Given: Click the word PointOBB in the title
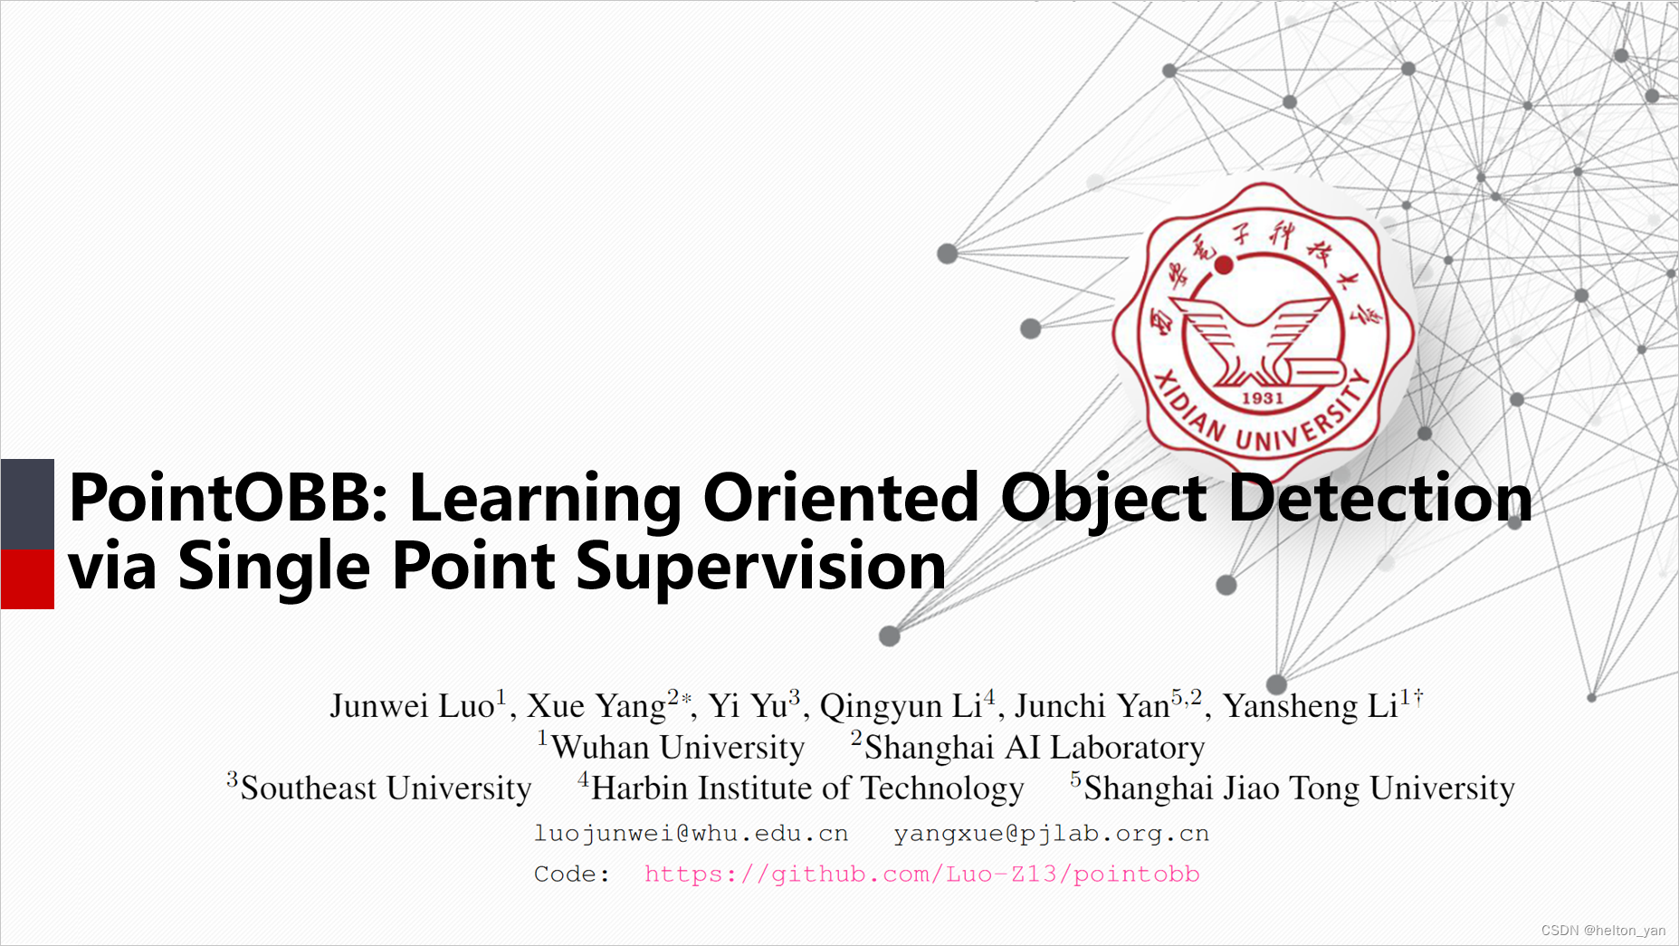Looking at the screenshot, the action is pos(229,498).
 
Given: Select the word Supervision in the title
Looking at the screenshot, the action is pos(760,567).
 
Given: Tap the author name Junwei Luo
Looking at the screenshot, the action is pos(412,706).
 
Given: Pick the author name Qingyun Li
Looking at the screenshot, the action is pos(901,706).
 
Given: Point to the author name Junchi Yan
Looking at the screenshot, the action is pos(1092,706).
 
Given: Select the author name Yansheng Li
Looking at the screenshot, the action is pos(1311,706).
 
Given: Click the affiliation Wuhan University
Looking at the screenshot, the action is pos(678,748).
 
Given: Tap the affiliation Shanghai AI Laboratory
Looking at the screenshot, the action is pos(1035,748).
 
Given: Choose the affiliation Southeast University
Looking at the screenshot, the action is pos(386,788).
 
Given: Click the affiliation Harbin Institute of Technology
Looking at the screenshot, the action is pos(807,788).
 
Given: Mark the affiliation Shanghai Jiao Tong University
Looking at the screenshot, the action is pos(1299,788).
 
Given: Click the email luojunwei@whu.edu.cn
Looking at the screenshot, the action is pos(692,834).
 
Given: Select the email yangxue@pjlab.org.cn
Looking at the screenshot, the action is pos(1052,834).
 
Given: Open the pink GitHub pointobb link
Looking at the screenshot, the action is pos(922,874).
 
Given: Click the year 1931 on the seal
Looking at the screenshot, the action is pos(1262,398).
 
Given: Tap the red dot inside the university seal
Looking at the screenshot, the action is pos(1224,264).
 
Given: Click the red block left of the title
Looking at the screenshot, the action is pos(27,579).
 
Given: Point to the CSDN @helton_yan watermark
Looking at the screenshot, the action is pos(1603,930).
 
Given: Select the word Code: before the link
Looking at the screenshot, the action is pos(571,874).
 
